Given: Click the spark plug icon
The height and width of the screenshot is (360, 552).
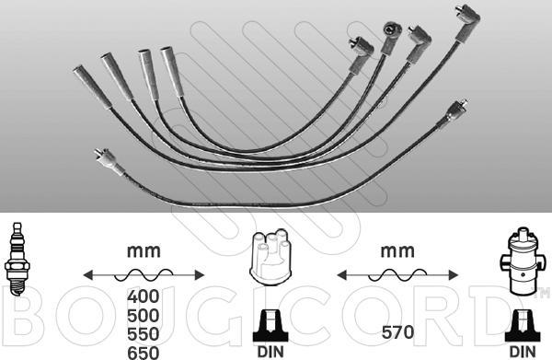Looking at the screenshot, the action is tap(17, 260).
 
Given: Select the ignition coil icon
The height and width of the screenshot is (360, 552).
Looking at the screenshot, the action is tap(522, 261).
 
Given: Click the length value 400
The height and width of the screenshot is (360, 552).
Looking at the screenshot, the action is tap(144, 296).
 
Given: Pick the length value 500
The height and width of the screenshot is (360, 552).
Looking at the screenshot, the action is tap(144, 316).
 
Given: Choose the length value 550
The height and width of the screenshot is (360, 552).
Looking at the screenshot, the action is tap(144, 334).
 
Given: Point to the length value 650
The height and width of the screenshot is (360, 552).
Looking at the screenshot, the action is tap(144, 353).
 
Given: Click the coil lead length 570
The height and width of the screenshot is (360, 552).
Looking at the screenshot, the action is tap(397, 332).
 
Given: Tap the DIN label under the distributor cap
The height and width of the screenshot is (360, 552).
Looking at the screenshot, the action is tap(270, 352).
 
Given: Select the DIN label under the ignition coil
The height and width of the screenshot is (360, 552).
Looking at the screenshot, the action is tap(523, 352).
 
